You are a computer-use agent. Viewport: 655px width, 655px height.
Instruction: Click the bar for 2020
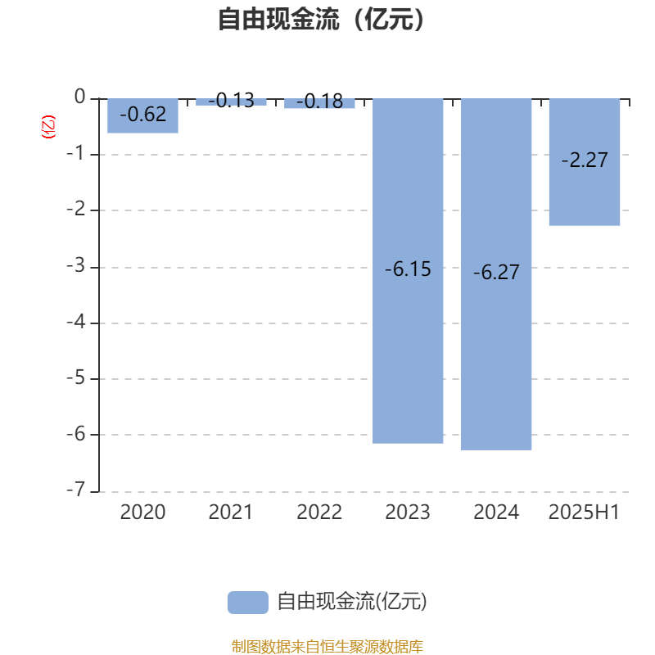click(x=142, y=115)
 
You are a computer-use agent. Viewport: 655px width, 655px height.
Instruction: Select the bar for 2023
click(x=408, y=271)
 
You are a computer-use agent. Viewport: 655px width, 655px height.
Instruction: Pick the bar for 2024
click(x=496, y=274)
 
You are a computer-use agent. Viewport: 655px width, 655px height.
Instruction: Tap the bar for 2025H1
click(x=585, y=162)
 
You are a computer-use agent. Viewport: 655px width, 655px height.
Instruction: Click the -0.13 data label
click(x=231, y=101)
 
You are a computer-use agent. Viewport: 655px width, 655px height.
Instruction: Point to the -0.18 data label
click(x=319, y=102)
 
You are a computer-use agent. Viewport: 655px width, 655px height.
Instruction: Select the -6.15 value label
click(x=408, y=269)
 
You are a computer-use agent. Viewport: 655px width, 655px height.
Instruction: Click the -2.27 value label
click(x=585, y=160)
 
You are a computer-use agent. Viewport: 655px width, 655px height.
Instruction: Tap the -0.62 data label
click(x=142, y=115)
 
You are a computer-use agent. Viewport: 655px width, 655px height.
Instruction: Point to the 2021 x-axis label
click(x=231, y=513)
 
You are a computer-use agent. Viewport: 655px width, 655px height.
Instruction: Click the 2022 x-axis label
click(x=319, y=513)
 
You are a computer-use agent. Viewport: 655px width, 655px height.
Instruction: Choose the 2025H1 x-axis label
click(x=584, y=513)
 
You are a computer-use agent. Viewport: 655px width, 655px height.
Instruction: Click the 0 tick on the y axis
click(x=79, y=97)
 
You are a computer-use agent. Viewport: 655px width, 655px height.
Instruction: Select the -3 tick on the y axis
click(x=76, y=265)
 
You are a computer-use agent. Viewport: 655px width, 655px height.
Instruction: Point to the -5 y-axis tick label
click(x=76, y=378)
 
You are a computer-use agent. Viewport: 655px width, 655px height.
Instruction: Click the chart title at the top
click(x=321, y=19)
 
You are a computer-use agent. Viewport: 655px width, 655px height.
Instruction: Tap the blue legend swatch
click(x=248, y=603)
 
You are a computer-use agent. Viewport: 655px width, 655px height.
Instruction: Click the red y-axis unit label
click(x=48, y=127)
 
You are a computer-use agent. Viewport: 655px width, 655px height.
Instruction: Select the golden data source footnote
click(x=327, y=647)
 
